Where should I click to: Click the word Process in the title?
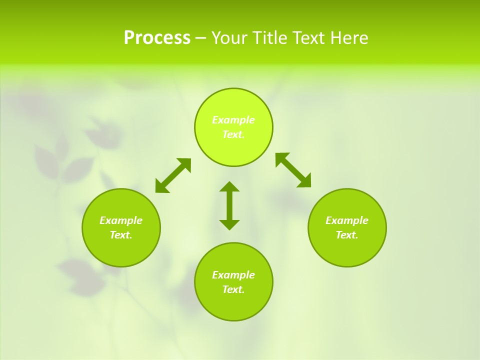click(157, 38)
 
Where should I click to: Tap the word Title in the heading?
click(270, 38)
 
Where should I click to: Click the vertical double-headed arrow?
click(229, 206)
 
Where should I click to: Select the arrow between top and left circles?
click(173, 175)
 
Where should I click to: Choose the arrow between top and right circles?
click(293, 170)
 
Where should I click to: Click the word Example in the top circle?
click(233, 120)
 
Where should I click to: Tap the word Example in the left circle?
click(121, 220)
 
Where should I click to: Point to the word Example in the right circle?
click(347, 220)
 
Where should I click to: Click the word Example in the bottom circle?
click(233, 275)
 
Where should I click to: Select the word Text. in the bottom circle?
click(233, 289)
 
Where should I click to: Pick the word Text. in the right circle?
click(347, 235)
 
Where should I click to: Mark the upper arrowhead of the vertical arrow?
click(229, 187)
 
